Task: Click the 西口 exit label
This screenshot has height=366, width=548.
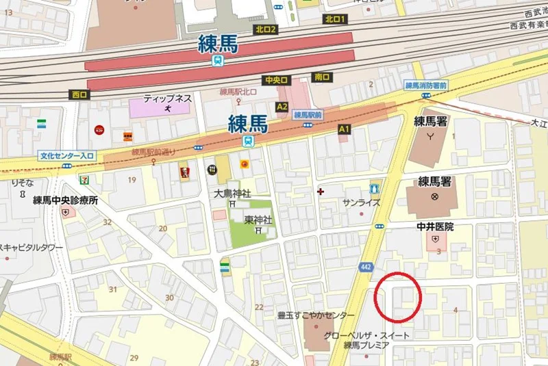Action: pyautogui.click(x=79, y=95)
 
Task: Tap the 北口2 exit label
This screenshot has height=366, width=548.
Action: pyautogui.click(x=265, y=29)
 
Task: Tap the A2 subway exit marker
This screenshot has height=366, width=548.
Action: pyautogui.click(x=282, y=107)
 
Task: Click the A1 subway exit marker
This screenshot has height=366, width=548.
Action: pyautogui.click(x=344, y=129)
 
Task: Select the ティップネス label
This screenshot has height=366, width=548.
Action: pyautogui.click(x=167, y=99)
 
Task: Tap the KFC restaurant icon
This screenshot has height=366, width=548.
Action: pyautogui.click(x=183, y=168)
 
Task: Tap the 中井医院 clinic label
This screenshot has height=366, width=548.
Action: pyautogui.click(x=435, y=226)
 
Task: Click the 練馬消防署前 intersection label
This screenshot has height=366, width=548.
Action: pyautogui.click(x=425, y=86)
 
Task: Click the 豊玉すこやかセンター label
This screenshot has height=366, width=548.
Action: pyautogui.click(x=316, y=315)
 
